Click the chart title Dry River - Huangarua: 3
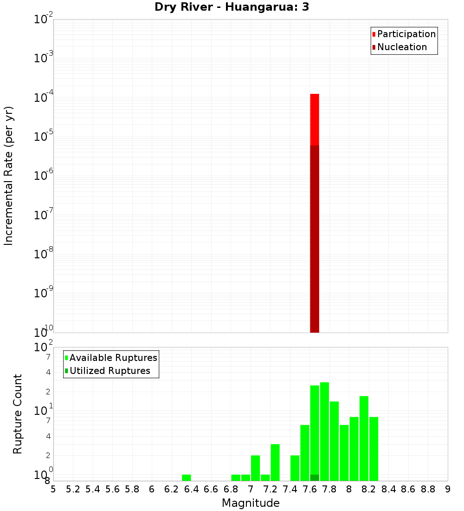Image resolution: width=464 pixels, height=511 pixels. [232, 7]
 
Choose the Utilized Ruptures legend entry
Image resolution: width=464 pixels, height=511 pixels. [110, 371]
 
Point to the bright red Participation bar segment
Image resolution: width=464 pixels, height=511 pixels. [315, 119]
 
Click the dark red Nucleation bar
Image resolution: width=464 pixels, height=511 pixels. [315, 239]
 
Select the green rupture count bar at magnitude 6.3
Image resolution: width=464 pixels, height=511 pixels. [186, 478]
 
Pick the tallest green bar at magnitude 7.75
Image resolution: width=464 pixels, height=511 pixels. [324, 431]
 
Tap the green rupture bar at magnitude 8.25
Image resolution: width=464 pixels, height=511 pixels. [374, 449]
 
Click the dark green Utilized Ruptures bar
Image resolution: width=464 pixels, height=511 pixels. [315, 478]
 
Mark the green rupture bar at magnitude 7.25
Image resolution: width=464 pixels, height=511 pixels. [275, 462]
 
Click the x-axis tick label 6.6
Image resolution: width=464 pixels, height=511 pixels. [211, 489]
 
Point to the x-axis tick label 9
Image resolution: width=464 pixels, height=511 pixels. [447, 489]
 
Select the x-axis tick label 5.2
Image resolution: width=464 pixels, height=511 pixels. [73, 489]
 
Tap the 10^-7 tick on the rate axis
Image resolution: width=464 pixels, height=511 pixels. [44, 215]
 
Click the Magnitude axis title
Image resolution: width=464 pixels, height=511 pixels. [251, 503]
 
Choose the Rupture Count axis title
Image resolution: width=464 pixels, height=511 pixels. [18, 414]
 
